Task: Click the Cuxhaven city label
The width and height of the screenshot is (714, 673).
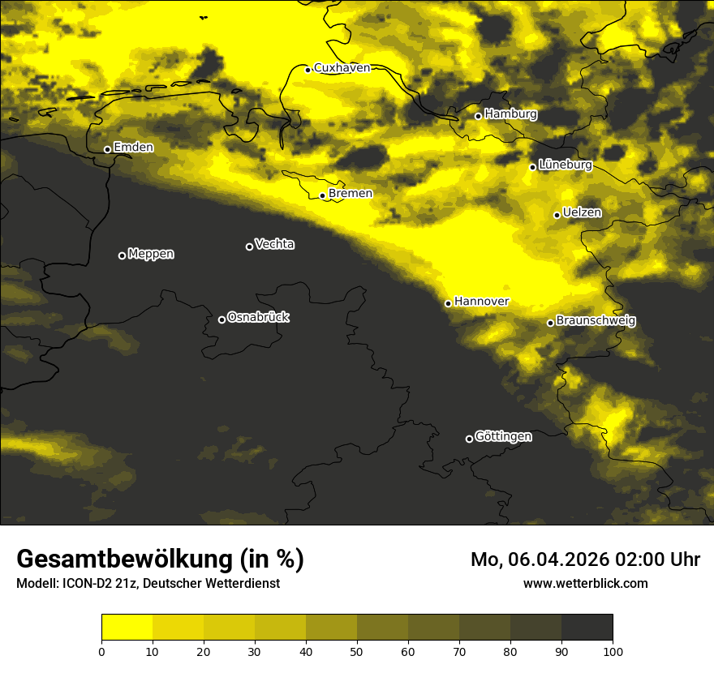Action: click(342, 68)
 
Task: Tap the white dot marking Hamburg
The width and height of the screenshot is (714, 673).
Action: click(479, 116)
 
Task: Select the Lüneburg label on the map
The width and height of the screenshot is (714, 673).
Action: click(565, 165)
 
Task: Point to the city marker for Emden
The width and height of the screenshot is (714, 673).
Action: click(107, 149)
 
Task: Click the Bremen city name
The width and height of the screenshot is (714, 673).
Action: click(351, 194)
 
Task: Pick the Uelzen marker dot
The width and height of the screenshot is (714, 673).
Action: click(557, 215)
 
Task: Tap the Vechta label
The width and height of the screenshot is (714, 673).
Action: click(274, 244)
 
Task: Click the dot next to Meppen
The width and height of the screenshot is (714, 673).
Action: click(123, 255)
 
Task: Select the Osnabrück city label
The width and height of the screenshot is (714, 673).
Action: click(258, 317)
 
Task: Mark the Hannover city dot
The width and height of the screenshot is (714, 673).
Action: click(448, 303)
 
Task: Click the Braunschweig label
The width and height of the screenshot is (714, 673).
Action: click(596, 321)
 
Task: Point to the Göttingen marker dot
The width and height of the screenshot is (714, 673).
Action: click(469, 439)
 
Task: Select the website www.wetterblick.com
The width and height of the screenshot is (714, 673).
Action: click(585, 583)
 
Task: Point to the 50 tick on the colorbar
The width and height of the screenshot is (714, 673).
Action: click(357, 650)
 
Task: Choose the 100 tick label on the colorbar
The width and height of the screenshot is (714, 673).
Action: click(613, 650)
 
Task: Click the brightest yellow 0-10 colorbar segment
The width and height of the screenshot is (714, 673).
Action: click(127, 628)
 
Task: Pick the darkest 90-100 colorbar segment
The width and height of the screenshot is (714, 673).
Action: click(587, 628)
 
